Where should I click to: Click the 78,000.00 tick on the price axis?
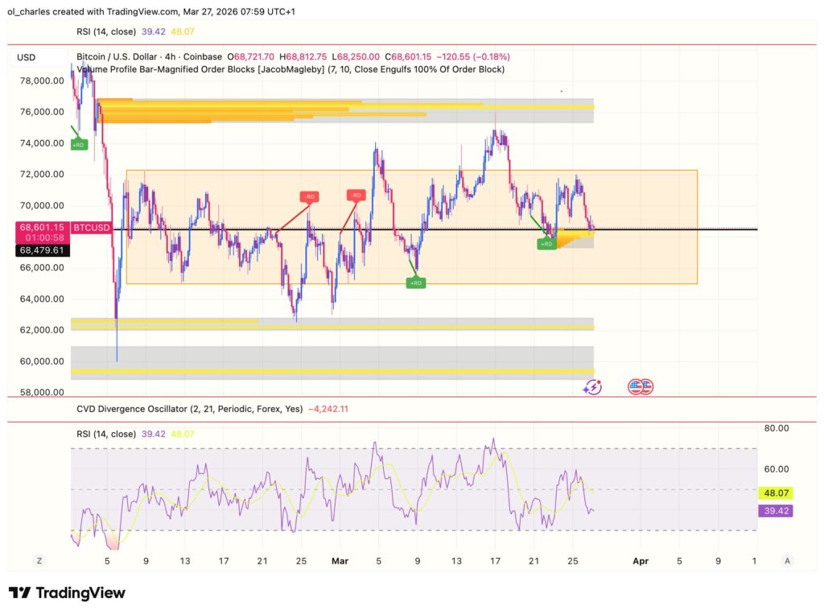tap(41, 80)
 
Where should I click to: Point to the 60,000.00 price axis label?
tap(41, 361)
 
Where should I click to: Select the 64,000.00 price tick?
tap(41, 299)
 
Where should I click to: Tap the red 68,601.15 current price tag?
tap(42, 228)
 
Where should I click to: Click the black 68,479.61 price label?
tap(42, 250)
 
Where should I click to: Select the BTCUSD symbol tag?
tap(91, 229)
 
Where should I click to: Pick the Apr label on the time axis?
tap(641, 560)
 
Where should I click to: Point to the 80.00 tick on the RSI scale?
tap(776, 429)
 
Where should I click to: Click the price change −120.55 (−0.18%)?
tap(473, 57)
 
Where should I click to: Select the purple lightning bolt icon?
tap(593, 387)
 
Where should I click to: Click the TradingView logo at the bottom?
tap(67, 593)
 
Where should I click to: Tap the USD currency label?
tap(27, 57)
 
